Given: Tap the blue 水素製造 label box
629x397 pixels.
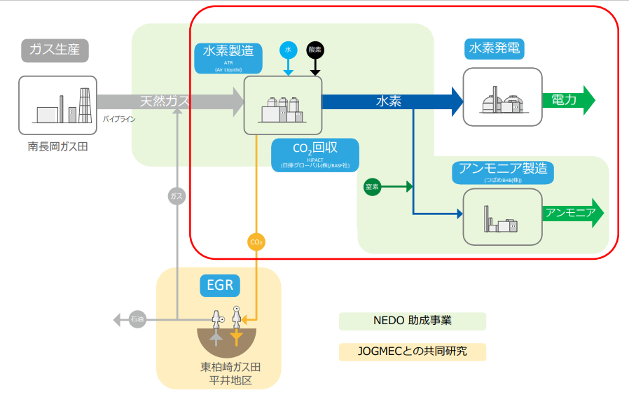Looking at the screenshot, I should point(228,57).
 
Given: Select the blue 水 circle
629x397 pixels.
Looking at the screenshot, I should point(288,50).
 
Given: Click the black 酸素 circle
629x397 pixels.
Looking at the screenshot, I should point(315,50).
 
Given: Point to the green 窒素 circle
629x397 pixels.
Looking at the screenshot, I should point(373,187).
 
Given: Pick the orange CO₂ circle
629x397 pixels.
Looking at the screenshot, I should point(256,242).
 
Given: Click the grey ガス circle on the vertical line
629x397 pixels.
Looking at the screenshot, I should point(177,196).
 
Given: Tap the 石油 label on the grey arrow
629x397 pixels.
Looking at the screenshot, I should point(137,320).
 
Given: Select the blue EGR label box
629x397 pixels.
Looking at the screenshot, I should point(219,285).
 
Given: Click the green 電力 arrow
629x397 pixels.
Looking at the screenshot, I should point(568,100).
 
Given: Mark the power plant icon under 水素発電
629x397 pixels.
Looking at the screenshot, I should point(502,97).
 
